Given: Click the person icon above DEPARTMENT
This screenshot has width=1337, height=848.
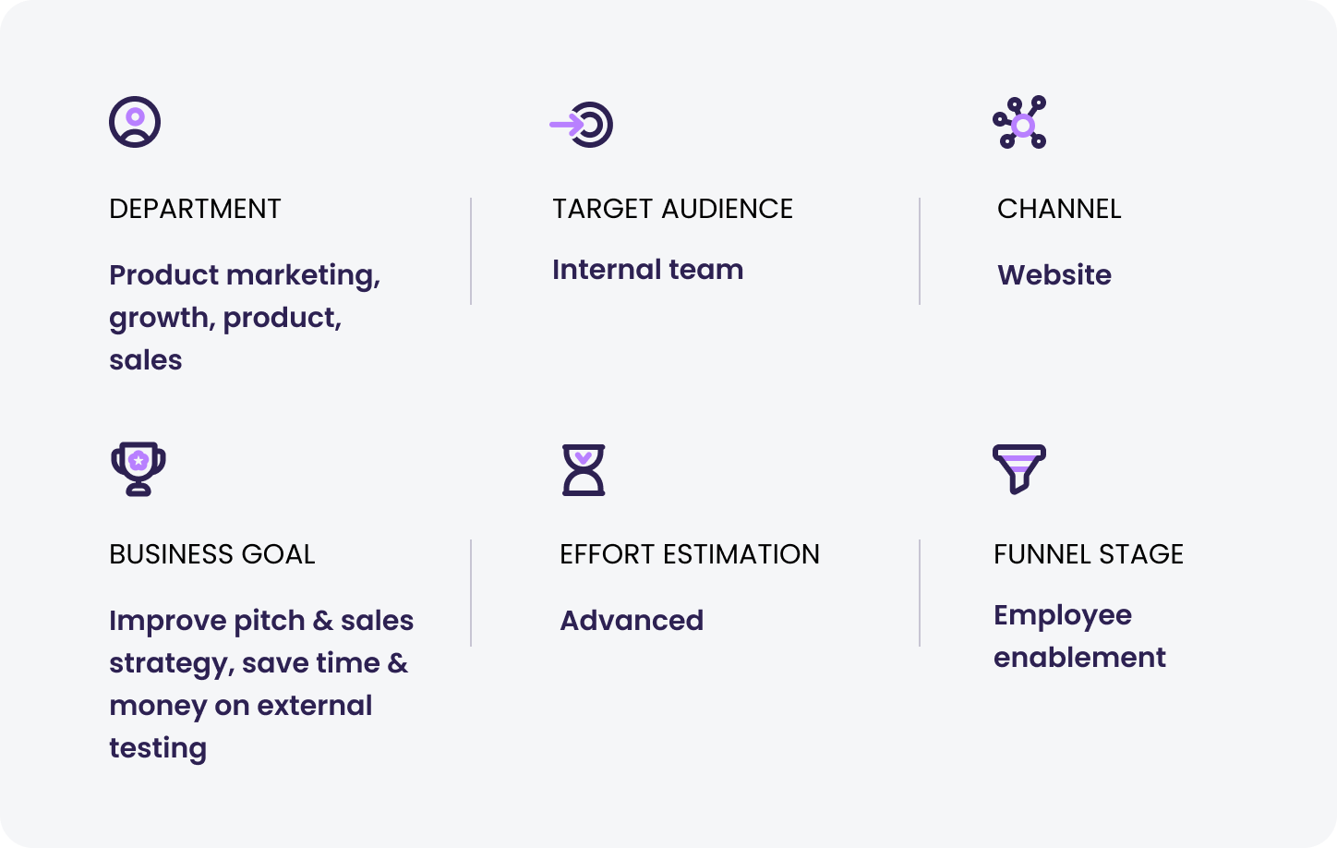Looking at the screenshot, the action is (135, 122).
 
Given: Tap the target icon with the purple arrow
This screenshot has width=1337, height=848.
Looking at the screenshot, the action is (582, 125).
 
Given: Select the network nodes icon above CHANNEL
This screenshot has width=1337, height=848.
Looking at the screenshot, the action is (1019, 122).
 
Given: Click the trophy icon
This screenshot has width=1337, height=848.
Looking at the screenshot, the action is (139, 468).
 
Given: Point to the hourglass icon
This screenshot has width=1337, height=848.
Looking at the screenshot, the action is (584, 470).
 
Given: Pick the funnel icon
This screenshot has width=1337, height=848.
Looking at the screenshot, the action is (1018, 468).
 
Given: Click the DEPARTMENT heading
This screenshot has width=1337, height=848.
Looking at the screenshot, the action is (195, 209).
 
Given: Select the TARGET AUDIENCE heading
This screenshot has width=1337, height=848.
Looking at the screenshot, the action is (673, 209).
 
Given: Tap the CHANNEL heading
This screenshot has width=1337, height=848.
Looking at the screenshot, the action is (1059, 209).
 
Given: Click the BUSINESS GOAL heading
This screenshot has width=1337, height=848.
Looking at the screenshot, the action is (211, 554).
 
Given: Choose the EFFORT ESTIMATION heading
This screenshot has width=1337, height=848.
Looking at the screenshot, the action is (690, 554).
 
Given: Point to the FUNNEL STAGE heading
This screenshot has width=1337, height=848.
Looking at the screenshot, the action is (1088, 554).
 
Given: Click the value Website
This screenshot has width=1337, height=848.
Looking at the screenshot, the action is (1054, 275).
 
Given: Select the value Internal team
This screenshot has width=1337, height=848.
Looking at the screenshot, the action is (647, 270).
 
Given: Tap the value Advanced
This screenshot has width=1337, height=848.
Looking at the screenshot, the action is (632, 621).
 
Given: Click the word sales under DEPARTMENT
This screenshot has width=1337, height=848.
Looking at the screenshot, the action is (146, 360).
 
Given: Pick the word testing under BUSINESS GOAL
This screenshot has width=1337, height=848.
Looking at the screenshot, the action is (158, 749).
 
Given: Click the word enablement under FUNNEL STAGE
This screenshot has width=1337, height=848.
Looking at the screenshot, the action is (1079, 658).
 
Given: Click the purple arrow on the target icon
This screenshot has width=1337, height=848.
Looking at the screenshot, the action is (566, 125).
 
